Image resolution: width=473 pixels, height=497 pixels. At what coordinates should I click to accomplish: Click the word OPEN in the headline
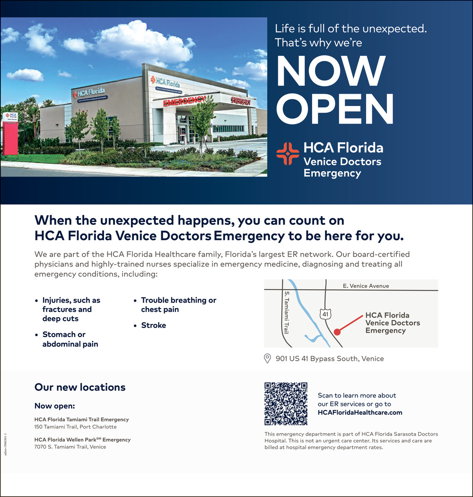pos(335,110)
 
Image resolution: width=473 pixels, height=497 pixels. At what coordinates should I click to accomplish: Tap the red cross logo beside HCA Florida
pos(288,154)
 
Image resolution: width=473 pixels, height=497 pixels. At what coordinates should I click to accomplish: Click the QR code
pos(286,403)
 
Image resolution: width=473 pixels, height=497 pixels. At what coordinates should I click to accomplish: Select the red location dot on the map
pos(337,332)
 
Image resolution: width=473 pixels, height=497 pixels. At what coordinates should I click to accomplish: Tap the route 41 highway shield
pos(325,314)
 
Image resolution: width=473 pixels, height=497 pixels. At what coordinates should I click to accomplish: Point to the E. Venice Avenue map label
pos(366,286)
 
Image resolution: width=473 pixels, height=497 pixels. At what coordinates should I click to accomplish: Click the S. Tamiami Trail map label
pos(286,313)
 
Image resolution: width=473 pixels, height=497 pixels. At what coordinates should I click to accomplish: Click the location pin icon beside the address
pos(267,358)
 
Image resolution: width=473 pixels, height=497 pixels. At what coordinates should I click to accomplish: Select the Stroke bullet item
pos(153,326)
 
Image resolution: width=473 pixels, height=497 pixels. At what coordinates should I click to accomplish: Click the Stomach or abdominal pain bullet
pos(70,339)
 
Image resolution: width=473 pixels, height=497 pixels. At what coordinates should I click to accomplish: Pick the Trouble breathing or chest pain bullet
pos(178,305)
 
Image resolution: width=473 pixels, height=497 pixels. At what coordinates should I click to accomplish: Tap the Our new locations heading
pos(80,387)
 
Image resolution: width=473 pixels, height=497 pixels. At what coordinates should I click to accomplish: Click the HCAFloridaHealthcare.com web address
pos(360,413)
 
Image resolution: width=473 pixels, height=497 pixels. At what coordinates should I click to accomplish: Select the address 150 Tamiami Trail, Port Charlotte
pos(75,427)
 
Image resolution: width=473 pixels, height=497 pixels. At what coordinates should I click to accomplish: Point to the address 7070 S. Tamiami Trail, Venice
pos(70,447)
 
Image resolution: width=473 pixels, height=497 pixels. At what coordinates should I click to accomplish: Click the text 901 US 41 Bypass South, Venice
pos(330,359)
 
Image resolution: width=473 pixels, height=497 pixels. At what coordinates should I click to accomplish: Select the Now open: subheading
pos(55,406)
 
